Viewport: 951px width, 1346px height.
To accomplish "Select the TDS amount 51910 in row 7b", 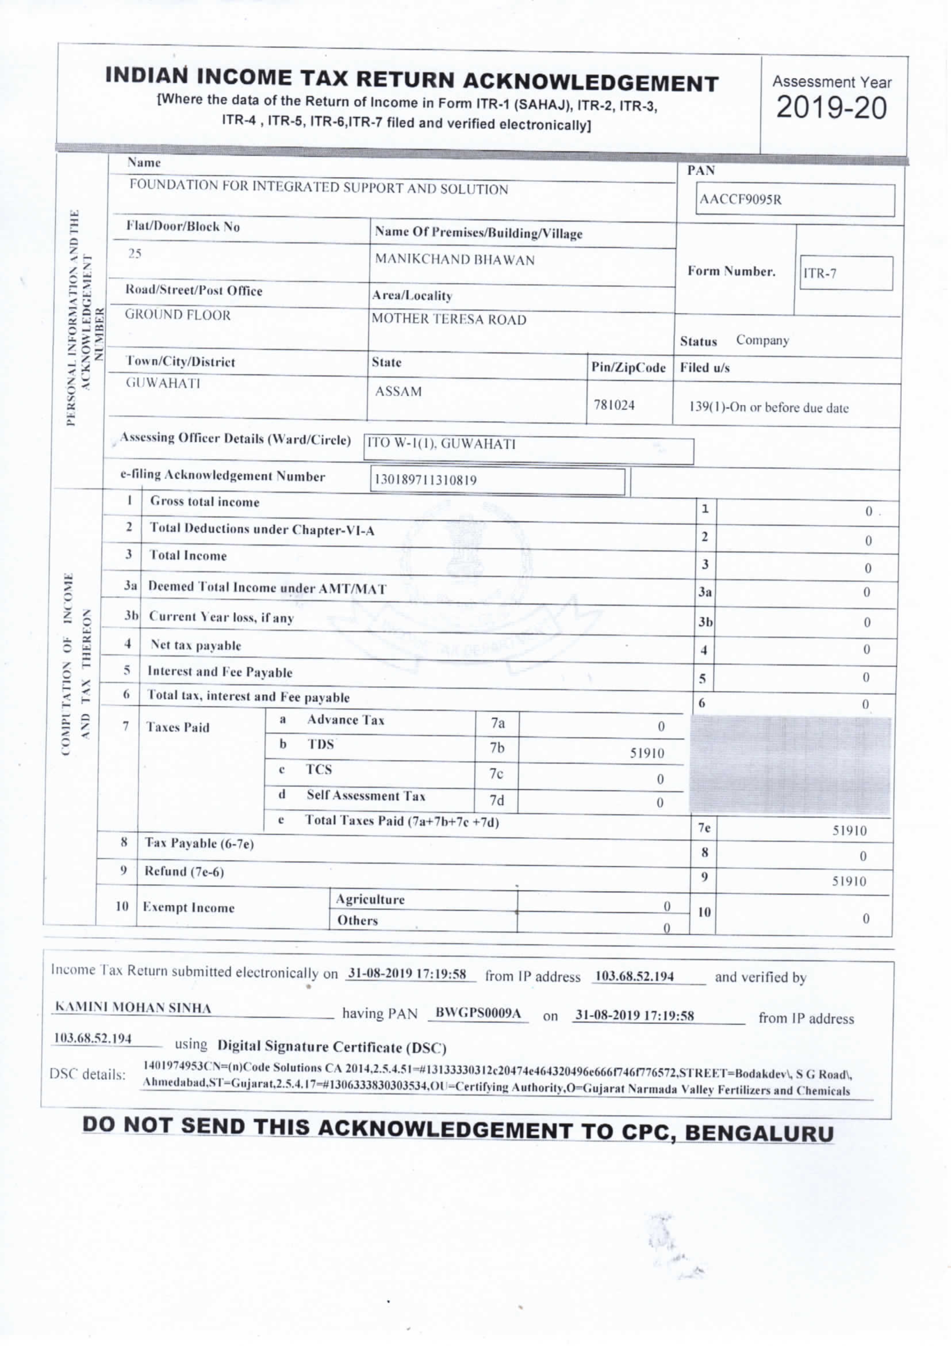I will pos(647,753).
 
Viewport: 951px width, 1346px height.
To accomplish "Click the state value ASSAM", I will pos(398,391).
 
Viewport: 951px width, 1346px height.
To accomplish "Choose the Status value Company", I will pos(762,340).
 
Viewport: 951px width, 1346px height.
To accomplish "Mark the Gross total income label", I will pos(204,501).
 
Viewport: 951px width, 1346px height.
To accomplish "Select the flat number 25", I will pos(135,253).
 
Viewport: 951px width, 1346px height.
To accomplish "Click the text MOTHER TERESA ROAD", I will pos(449,319).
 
